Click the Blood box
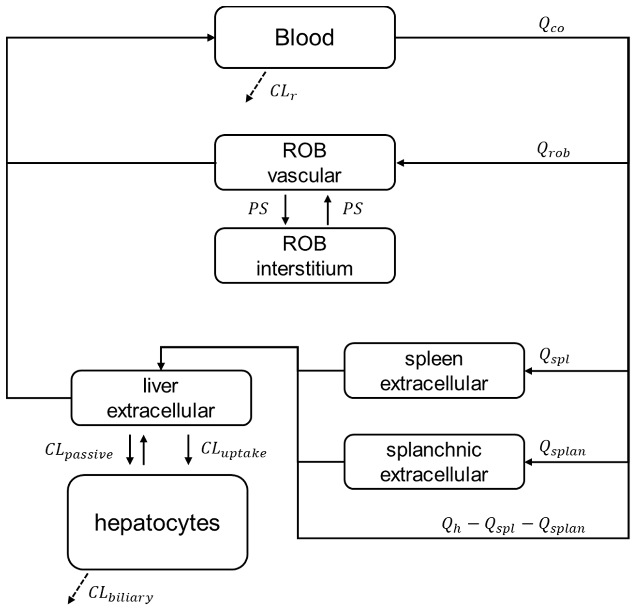pyautogui.click(x=304, y=37)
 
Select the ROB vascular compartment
pyautogui.click(x=304, y=163)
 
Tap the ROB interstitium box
pyautogui.click(x=304, y=256)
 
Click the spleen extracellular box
pyautogui.click(x=434, y=371)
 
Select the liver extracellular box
pyautogui.click(x=161, y=398)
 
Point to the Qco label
pyautogui.click(x=551, y=25)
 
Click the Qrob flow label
pyautogui.click(x=553, y=150)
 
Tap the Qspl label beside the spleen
pyautogui.click(x=554, y=356)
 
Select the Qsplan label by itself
pyautogui.click(x=562, y=448)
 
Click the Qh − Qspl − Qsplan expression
pyautogui.click(x=514, y=525)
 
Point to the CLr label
pyautogui.click(x=283, y=92)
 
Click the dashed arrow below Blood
pyautogui.click(x=256, y=87)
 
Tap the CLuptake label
pyautogui.click(x=234, y=450)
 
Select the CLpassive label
pyautogui.click(x=79, y=451)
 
